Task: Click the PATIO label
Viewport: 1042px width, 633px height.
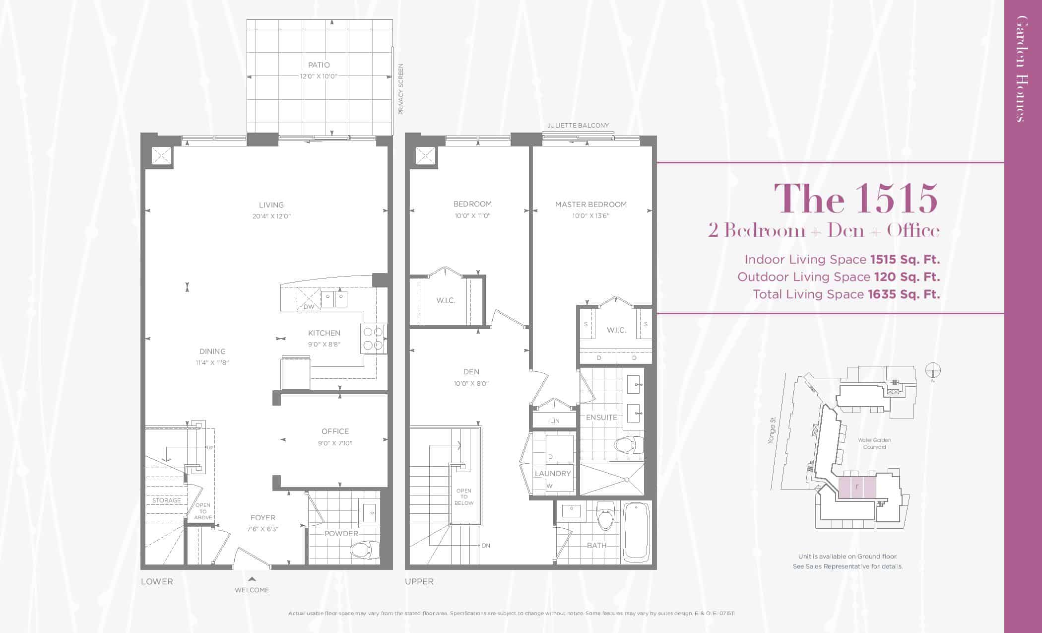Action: click(x=319, y=65)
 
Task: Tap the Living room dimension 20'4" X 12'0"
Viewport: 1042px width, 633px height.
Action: click(x=271, y=216)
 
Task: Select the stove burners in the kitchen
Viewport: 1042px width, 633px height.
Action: click(x=374, y=338)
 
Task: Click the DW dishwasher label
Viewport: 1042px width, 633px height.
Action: click(x=309, y=307)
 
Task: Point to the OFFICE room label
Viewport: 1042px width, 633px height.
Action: click(x=335, y=431)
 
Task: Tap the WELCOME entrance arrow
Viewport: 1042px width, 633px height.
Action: click(x=252, y=579)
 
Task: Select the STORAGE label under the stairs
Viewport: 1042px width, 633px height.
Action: click(x=167, y=500)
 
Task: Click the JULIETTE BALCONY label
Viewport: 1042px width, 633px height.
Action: click(x=578, y=126)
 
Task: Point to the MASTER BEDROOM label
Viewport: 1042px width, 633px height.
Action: click(x=591, y=205)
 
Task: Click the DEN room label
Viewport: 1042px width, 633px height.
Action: click(x=471, y=372)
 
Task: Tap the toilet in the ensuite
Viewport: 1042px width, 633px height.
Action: click(x=629, y=445)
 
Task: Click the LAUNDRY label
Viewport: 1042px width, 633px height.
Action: click(x=553, y=474)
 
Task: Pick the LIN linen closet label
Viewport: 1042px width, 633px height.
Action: click(x=555, y=421)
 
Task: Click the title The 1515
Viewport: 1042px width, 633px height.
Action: click(x=856, y=199)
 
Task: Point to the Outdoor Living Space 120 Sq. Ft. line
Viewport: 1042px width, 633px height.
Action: click(x=839, y=277)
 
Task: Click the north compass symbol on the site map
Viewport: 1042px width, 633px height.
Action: click(x=933, y=371)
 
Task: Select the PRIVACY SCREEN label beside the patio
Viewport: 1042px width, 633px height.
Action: click(x=401, y=89)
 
